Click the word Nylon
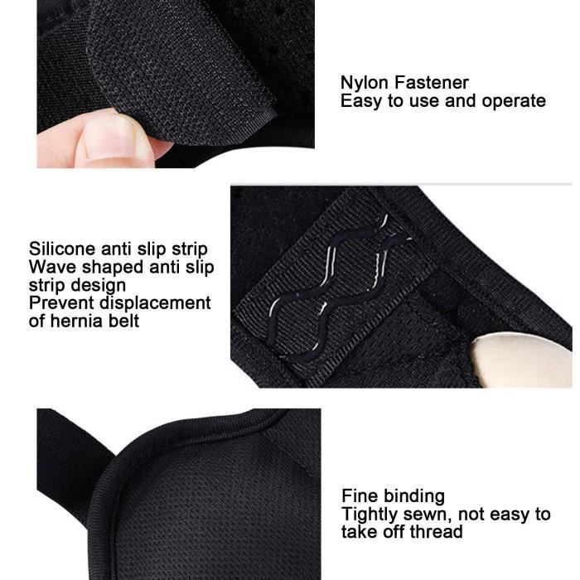tap(362, 83)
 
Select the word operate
tap(515, 101)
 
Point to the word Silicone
tap(62, 249)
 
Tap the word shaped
tap(109, 268)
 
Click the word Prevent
tap(60, 303)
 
